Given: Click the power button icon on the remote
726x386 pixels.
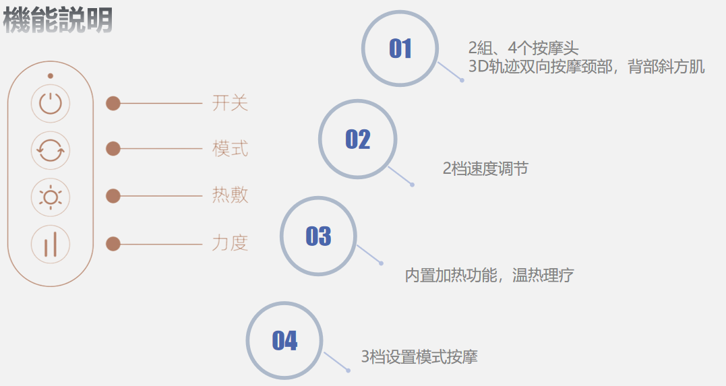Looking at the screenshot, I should [x=51, y=104].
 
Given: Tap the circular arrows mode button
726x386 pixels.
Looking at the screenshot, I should [x=51, y=150].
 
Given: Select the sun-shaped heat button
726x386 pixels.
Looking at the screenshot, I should [x=51, y=196].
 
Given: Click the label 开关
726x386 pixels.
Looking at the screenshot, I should [x=231, y=103].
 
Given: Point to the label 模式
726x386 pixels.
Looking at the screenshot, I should [x=231, y=148].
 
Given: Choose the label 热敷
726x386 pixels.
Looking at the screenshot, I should [x=231, y=195].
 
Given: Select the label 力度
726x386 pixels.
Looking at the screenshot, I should [x=231, y=243].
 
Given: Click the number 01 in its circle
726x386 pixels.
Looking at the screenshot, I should [x=400, y=49].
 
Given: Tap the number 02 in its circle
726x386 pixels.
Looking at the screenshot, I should [x=358, y=139].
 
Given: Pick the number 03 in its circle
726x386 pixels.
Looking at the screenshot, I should [x=319, y=236].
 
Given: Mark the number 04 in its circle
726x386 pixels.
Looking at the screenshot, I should [x=284, y=341].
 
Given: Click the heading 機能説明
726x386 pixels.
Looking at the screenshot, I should [x=58, y=20].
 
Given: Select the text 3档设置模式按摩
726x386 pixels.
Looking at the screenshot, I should [x=419, y=357].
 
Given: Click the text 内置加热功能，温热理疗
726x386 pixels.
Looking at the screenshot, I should [x=489, y=275].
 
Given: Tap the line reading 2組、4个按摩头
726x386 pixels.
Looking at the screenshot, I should [x=524, y=49].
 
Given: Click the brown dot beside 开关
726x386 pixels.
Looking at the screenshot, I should [x=113, y=103].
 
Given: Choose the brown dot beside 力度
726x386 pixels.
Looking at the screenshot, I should [x=113, y=243].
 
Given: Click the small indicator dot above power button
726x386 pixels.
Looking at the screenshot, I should [x=51, y=76].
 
